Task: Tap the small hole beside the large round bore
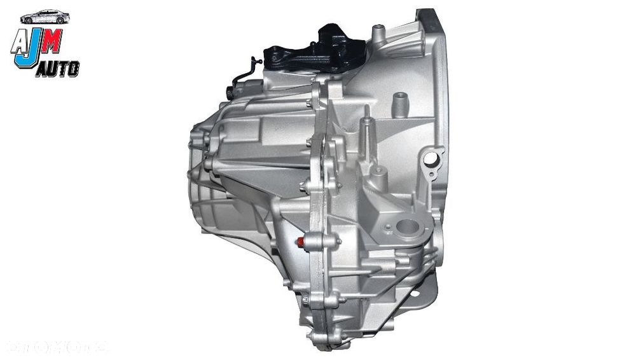pyautogui.click(x=385, y=226)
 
